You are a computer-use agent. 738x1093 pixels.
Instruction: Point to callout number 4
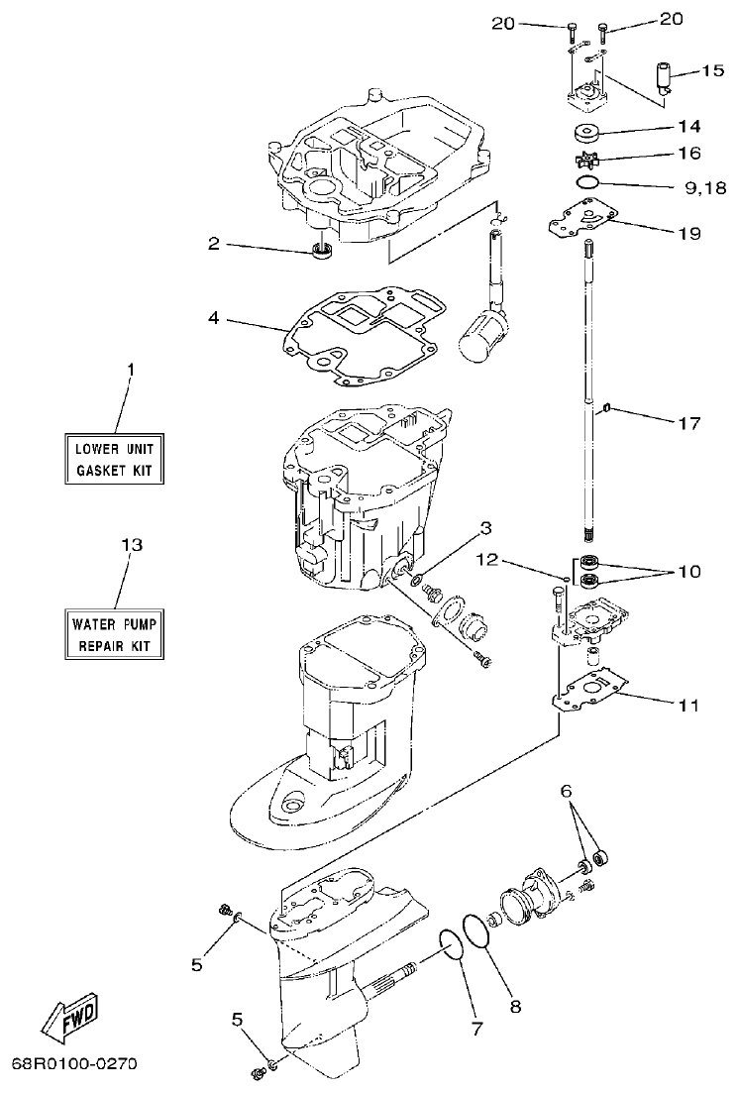pos(213,320)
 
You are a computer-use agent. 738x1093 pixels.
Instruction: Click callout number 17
pos(689,423)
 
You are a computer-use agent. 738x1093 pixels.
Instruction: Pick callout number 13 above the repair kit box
pos(131,546)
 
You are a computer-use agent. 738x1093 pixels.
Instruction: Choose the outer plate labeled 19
pos(584,220)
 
